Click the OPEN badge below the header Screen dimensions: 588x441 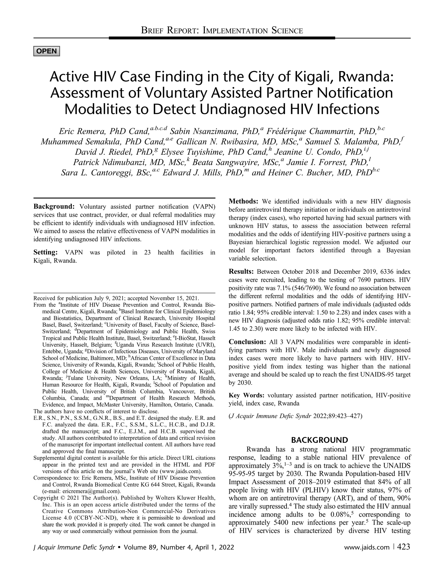[x=47, y=51]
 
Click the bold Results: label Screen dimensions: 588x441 [x=241, y=272]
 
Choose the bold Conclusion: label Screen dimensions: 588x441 [x=247, y=342]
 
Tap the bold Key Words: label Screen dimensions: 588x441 [x=246, y=395]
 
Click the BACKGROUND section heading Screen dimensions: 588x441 [x=319, y=440]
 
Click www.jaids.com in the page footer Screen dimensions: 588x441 [x=367, y=547]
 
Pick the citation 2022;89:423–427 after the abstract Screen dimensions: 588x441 [x=337, y=416]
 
